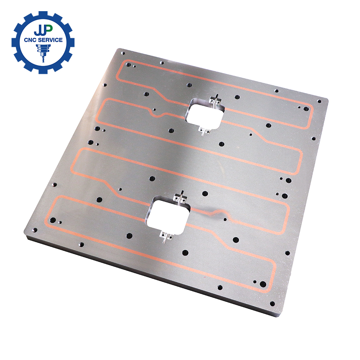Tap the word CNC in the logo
tap(30, 40)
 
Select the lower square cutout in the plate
tap(168, 215)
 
